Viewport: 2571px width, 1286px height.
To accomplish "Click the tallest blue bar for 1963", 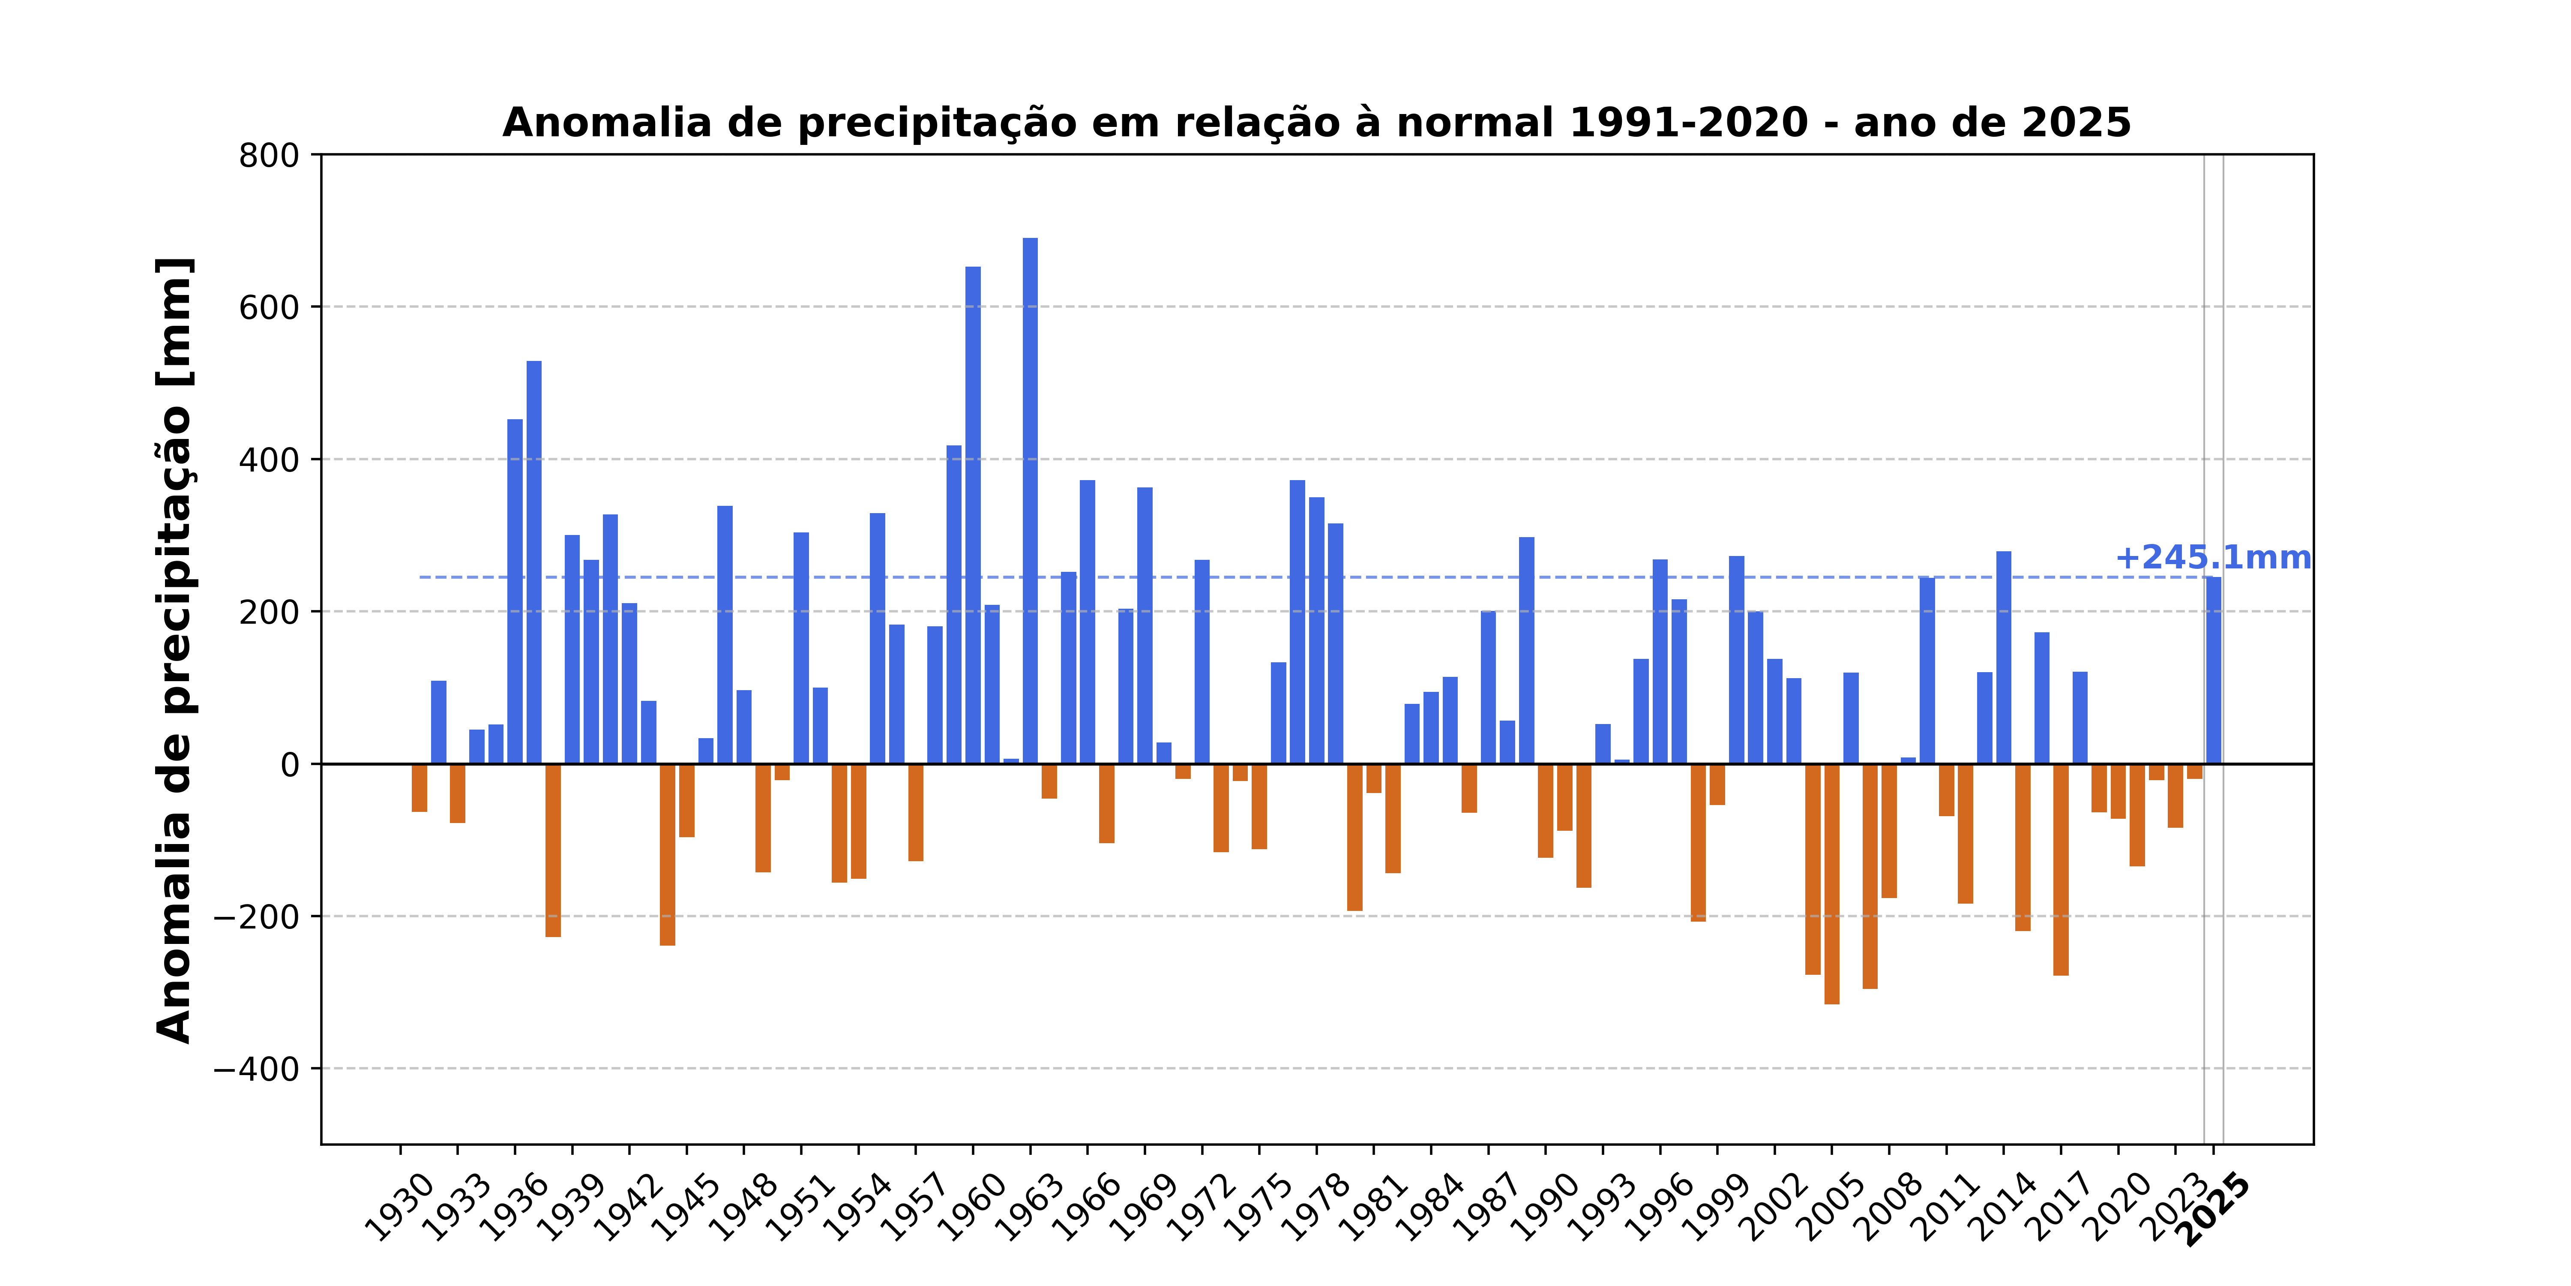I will coord(1030,499).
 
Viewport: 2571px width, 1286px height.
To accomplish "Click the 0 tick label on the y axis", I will coord(289,765).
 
